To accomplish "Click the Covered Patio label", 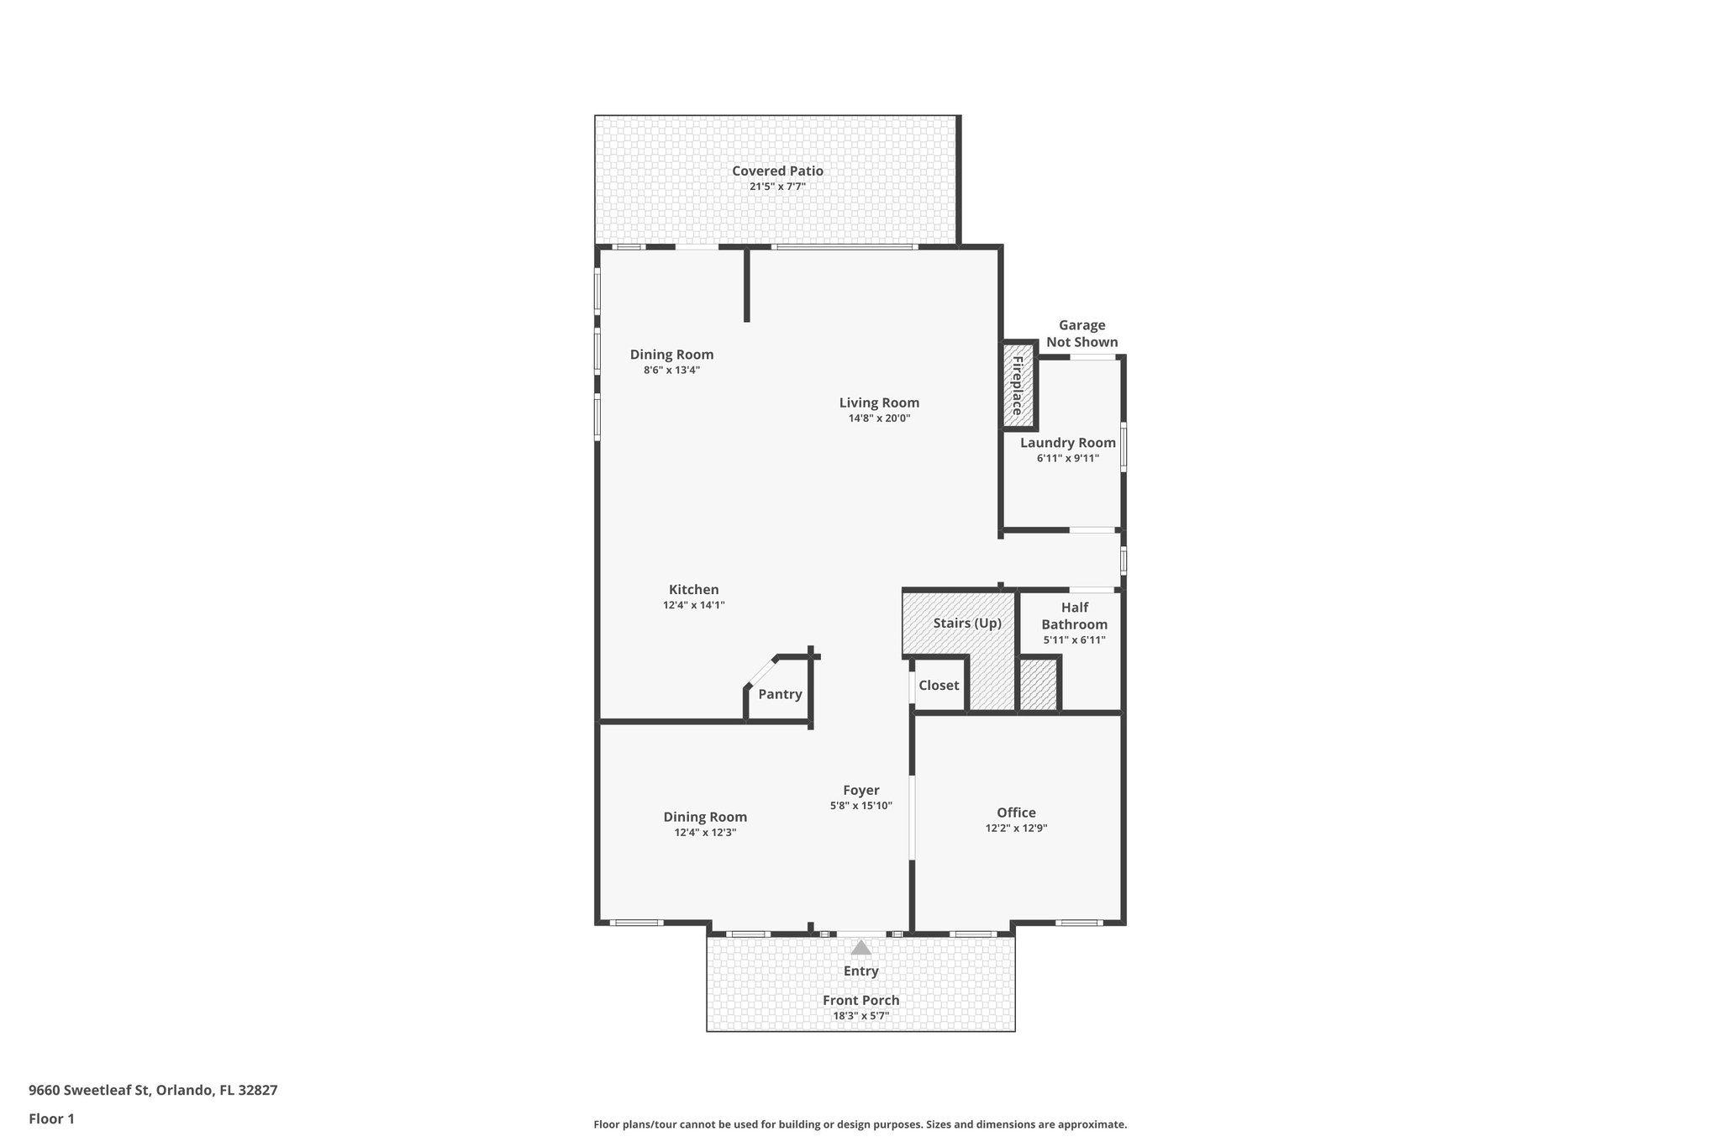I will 777,171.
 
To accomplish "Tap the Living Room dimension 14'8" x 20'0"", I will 879,418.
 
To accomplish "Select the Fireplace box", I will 1018,386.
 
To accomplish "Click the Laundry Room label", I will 1067,443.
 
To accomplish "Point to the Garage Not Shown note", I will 1082,334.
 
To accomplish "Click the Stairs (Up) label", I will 967,623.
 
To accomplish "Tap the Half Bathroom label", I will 1074,616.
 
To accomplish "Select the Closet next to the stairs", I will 938,686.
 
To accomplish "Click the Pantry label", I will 780,694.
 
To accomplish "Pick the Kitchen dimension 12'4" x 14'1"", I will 693,605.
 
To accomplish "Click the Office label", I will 1016,813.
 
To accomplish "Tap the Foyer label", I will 860,790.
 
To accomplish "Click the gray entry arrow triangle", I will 860,948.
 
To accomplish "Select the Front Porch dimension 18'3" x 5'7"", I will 860,1016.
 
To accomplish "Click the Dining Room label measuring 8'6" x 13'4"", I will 671,355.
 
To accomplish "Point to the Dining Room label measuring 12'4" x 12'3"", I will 705,817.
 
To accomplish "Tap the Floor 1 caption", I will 51,1118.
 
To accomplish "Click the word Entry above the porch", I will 860,971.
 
